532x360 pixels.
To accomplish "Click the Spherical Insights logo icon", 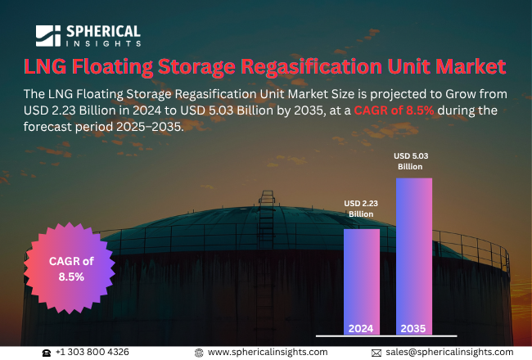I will point(48,35).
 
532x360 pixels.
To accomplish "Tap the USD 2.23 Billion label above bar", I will point(361,209).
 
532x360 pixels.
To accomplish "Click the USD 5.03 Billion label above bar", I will point(413,161).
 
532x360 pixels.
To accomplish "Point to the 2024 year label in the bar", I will point(361,328).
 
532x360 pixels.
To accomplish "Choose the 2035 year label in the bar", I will point(413,328).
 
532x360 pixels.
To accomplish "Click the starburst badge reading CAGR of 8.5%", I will point(71,268).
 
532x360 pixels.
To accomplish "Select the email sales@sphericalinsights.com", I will point(449,352).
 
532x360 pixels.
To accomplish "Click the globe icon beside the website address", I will point(199,352).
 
